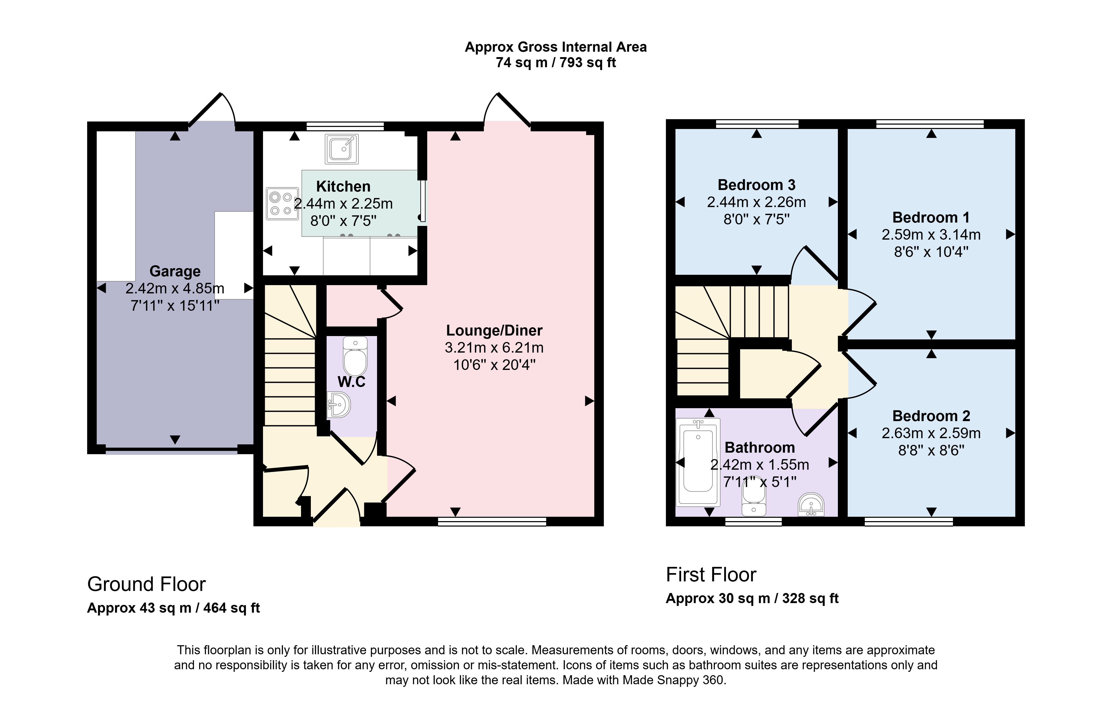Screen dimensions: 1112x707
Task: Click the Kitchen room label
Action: (x=343, y=186)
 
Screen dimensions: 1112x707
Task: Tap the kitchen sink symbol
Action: (x=342, y=149)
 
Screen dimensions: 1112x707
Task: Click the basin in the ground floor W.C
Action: (x=339, y=405)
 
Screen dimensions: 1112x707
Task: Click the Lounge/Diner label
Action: (x=494, y=330)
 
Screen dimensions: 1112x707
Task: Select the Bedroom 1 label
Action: (x=931, y=217)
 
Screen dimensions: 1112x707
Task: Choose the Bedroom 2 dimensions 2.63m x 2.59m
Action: (x=931, y=433)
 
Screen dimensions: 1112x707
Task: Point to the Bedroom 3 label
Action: (x=756, y=185)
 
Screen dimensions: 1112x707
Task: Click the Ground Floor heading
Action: (x=146, y=584)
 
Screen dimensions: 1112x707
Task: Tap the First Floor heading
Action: (x=711, y=575)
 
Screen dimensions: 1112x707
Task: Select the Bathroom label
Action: (x=760, y=448)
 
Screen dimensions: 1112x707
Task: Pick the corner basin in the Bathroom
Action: (x=811, y=504)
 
